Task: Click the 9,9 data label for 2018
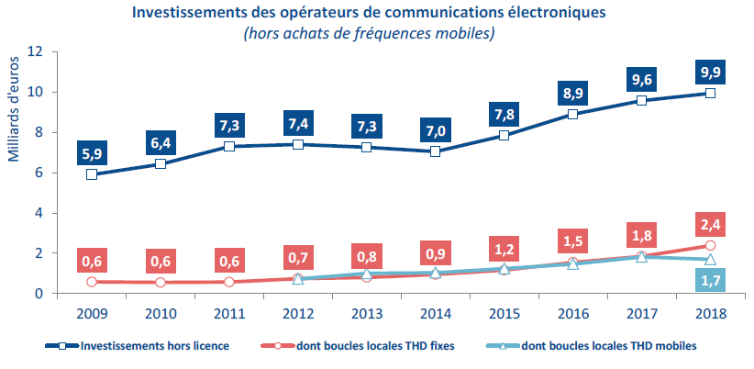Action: [x=709, y=71]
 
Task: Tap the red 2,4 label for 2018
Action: [x=709, y=223]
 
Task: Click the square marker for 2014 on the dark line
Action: [x=435, y=151]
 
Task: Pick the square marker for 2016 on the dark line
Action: [x=572, y=114]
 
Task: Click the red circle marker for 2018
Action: [x=709, y=245]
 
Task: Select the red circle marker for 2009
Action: [x=92, y=282]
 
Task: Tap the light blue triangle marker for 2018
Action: [x=709, y=260]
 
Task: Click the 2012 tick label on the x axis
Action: [x=297, y=313]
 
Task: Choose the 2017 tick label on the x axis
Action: [x=640, y=313]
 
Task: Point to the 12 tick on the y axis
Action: [x=37, y=51]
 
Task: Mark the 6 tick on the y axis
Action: [x=40, y=173]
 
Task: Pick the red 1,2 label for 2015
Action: [x=504, y=248]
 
